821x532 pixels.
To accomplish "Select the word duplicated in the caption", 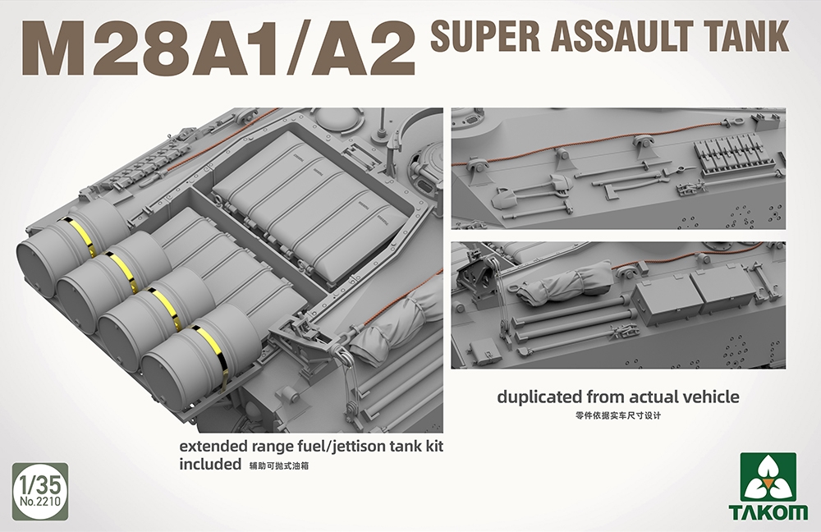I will [541, 397].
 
